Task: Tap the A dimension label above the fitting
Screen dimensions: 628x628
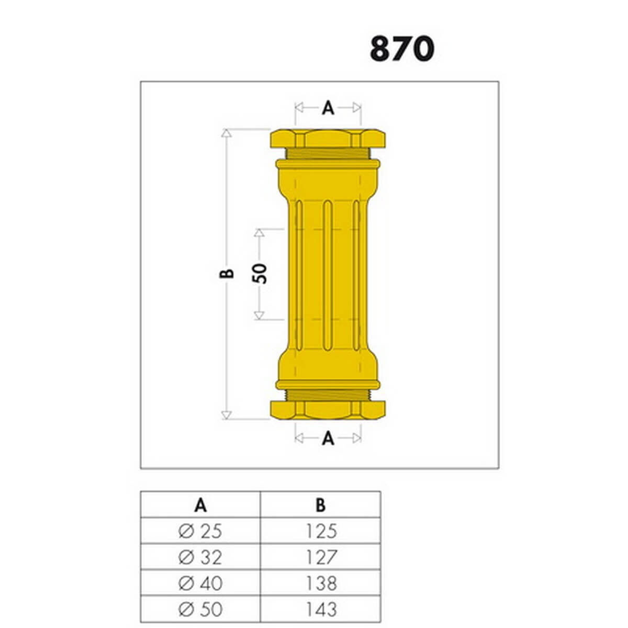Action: [328, 108]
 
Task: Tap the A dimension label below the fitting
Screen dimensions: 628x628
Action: [328, 439]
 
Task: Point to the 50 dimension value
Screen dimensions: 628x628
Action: [260, 274]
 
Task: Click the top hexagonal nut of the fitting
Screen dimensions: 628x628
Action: [328, 139]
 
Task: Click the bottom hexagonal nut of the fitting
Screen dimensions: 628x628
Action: [328, 410]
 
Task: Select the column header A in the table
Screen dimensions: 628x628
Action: [200, 506]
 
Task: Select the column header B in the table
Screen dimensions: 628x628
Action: [321, 506]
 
